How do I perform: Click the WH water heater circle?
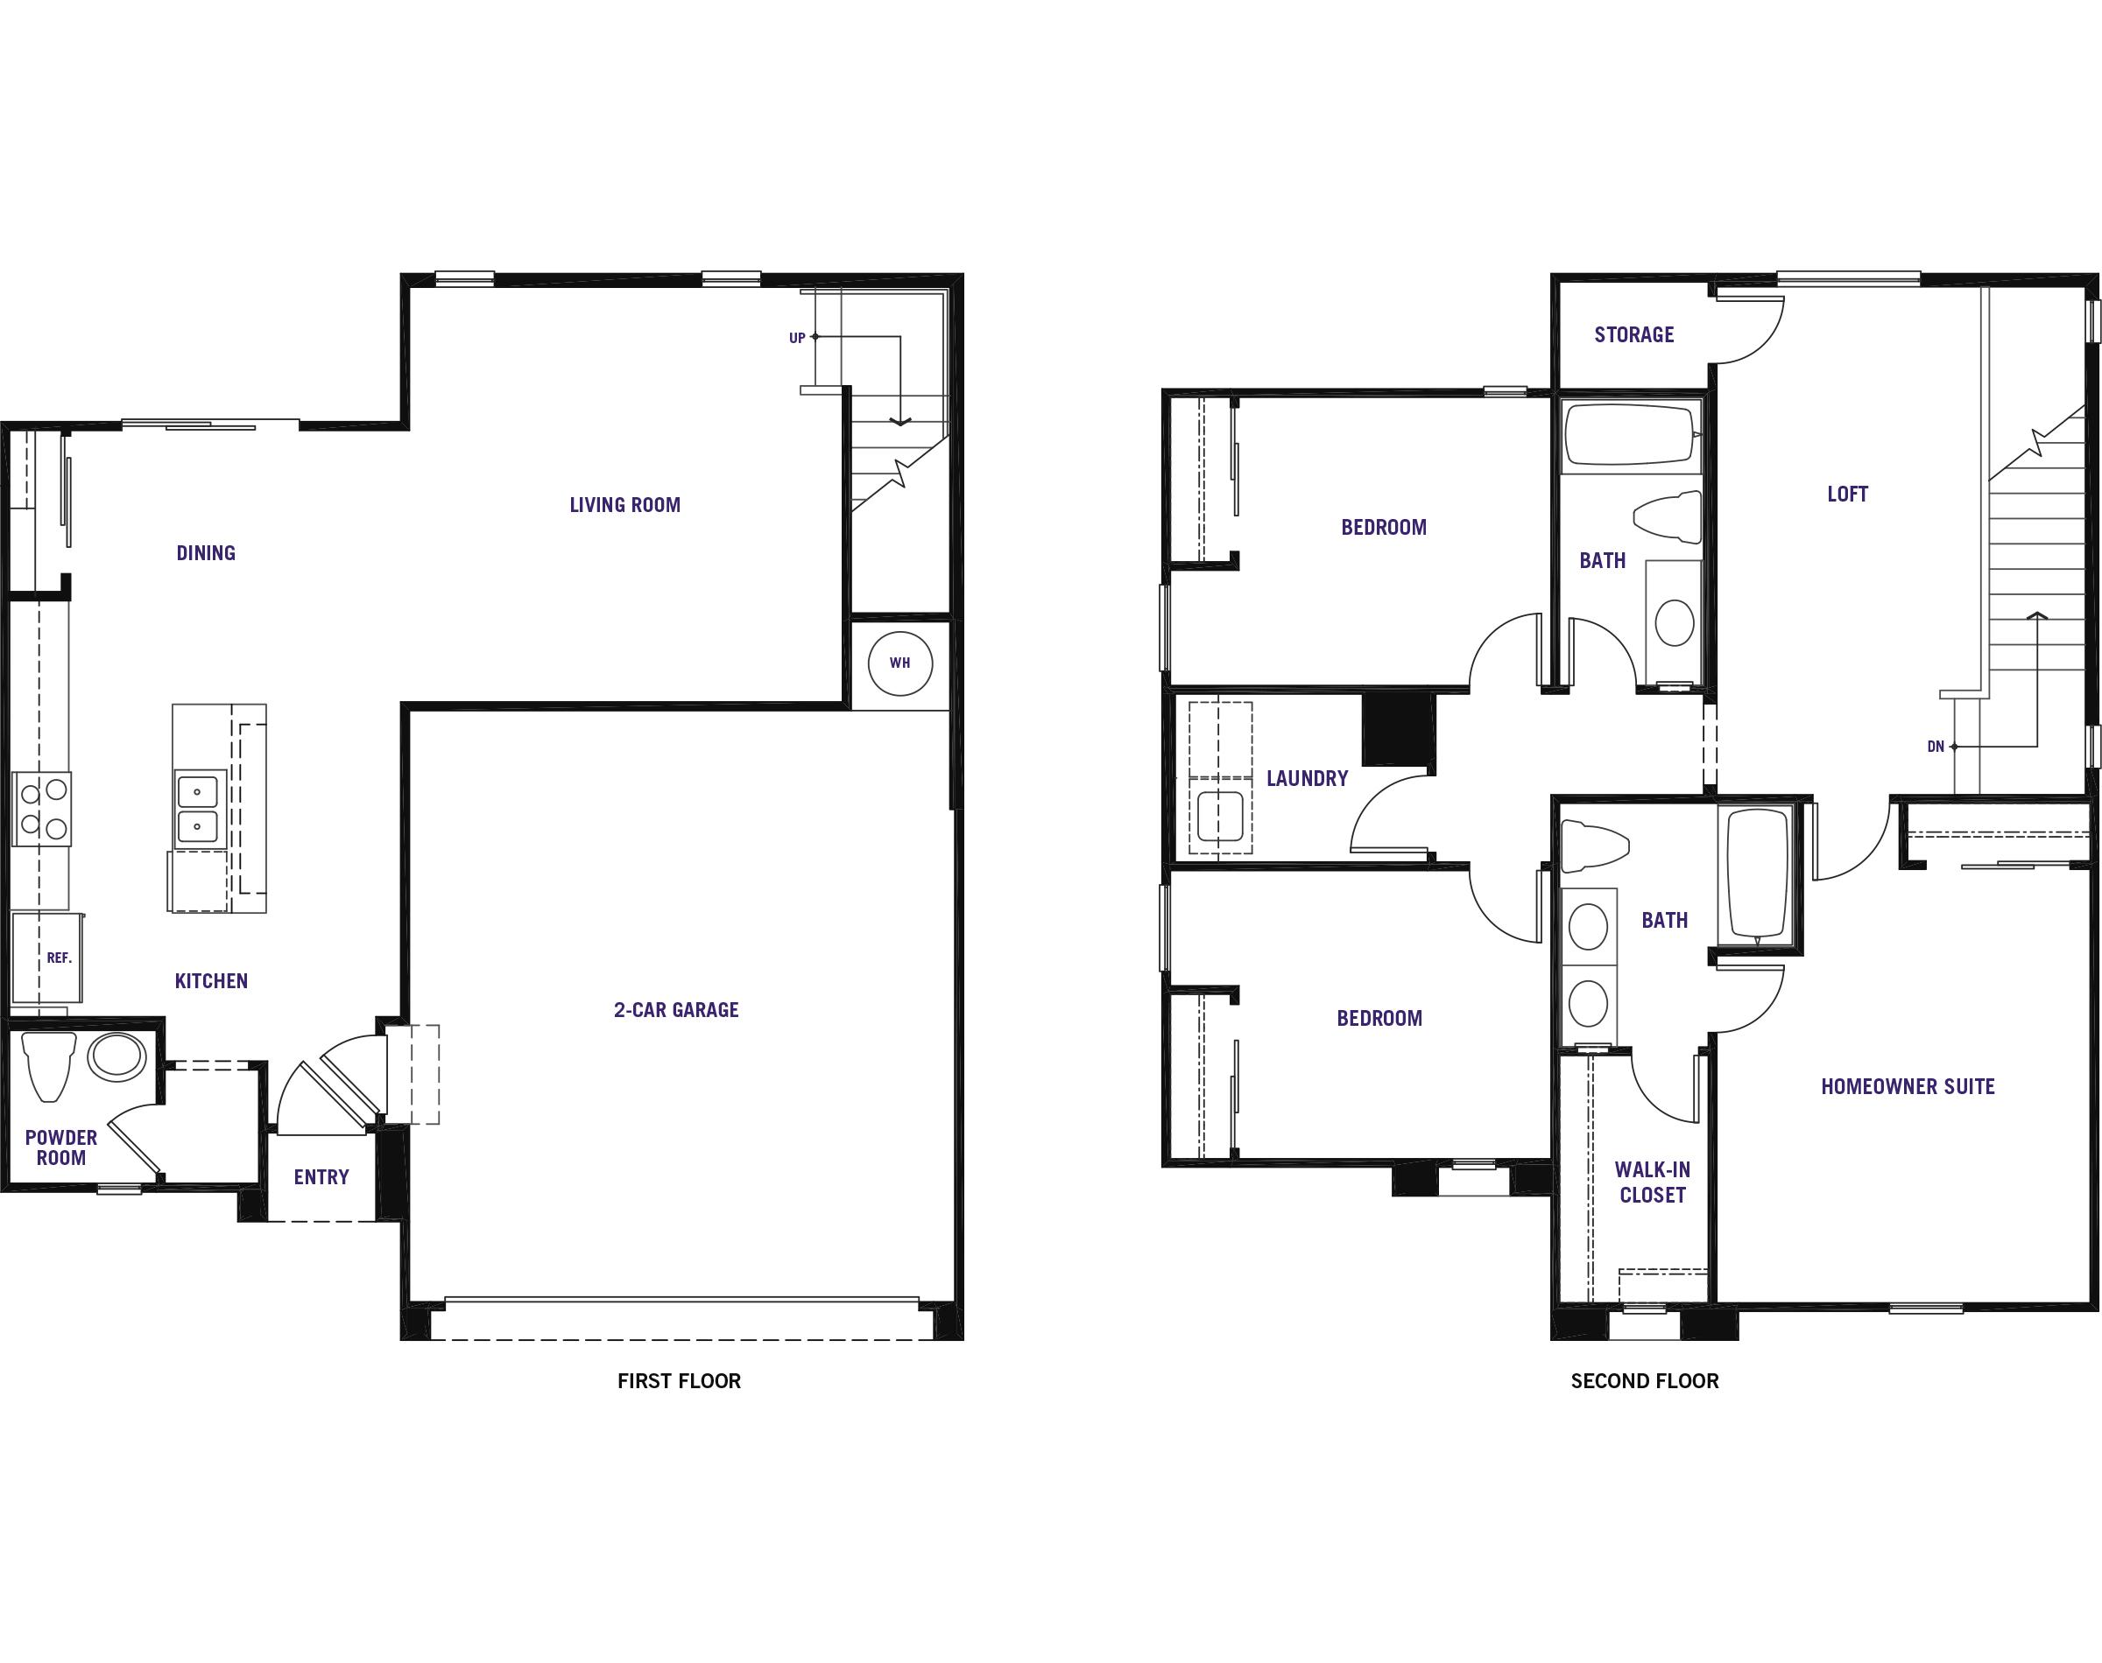[899, 663]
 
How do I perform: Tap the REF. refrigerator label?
[60, 958]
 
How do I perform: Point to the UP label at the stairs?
[797, 338]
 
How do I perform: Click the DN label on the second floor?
[1935, 747]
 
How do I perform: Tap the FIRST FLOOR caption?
[679, 1380]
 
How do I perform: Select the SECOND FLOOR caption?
[1644, 1380]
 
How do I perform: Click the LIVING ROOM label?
[624, 504]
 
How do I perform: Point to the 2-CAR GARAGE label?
[676, 1010]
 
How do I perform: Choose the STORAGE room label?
[1633, 334]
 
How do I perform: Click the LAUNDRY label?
[1307, 778]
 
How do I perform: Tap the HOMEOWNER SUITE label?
[1908, 1085]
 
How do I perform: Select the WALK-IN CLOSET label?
[1652, 1182]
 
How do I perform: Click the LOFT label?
[1847, 494]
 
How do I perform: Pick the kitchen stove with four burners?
[43, 808]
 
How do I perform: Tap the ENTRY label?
[321, 1177]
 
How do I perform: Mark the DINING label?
[206, 553]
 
